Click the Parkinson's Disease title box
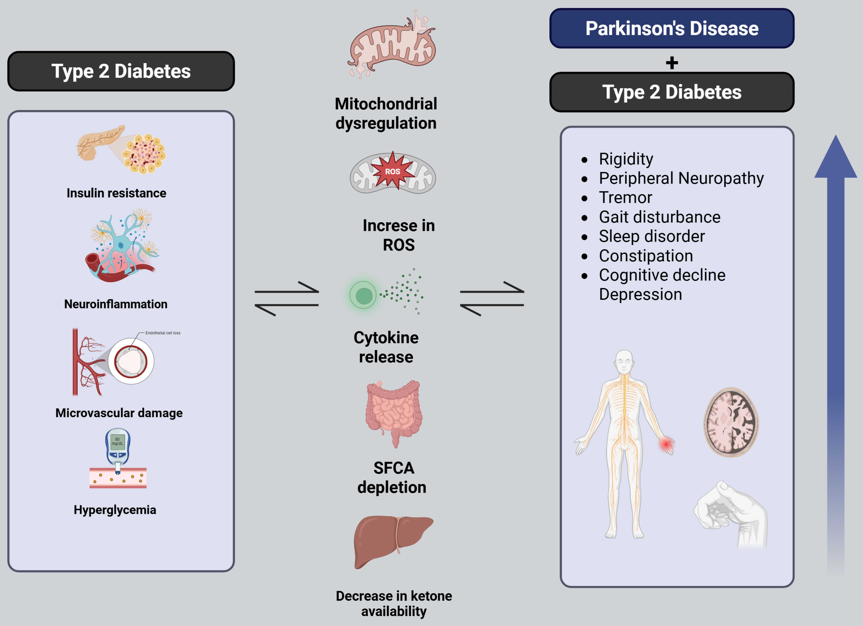tap(672, 29)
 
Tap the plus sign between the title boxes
tap(672, 63)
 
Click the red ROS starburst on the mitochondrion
tap(392, 171)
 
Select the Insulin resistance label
tap(116, 193)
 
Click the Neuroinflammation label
tap(116, 304)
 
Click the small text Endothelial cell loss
tap(163, 333)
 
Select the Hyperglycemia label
tap(115, 510)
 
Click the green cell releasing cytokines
tap(363, 295)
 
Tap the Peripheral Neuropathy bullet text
tap(681, 178)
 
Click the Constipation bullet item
tap(646, 256)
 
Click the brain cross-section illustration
tap(731, 422)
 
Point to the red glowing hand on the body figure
tap(666, 444)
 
